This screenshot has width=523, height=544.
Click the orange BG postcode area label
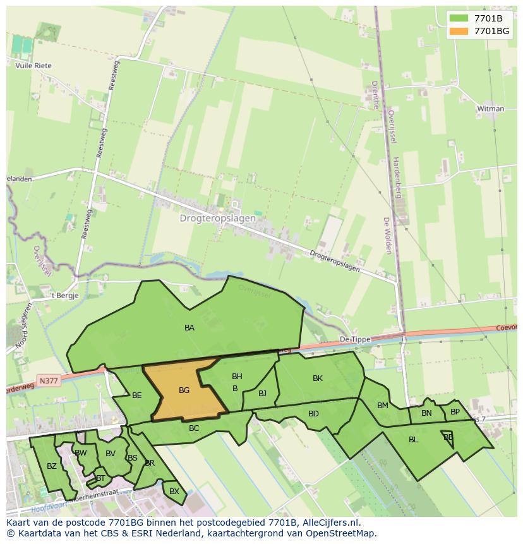coord(184,390)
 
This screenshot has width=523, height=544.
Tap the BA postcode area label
coord(189,328)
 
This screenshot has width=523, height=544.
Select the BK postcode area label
coord(318,378)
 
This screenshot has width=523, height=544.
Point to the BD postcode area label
coord(313,414)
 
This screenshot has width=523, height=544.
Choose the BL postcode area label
coord(413,440)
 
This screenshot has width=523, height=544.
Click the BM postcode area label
coord(383,406)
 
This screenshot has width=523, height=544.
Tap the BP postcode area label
coord(455,412)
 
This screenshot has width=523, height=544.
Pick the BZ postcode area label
coord(52,466)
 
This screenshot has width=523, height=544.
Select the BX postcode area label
coord(174,491)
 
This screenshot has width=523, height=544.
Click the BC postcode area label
coord(194,428)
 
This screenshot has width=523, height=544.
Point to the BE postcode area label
coord(137,396)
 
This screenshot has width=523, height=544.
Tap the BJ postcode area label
coord(262,394)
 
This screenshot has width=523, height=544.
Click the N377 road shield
coord(47,381)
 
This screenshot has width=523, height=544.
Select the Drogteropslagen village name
coord(218,219)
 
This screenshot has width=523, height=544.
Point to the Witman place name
coord(491,109)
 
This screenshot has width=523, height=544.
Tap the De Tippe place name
coord(354,339)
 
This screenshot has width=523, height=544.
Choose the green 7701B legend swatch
coord(459,18)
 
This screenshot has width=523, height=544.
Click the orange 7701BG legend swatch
coord(459,31)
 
